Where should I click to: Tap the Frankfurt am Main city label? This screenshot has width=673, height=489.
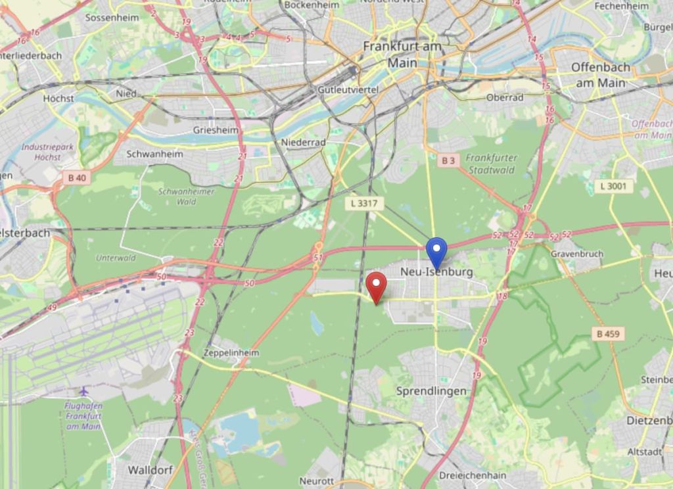pos(402,55)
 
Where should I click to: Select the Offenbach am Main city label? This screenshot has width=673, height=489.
pos(600,75)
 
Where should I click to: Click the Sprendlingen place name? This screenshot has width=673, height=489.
pos(431,391)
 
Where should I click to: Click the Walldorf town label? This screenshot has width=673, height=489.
pos(150,470)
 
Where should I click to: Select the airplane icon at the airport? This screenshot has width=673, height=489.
pos(83,392)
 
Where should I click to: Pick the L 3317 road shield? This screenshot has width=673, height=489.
pos(364,204)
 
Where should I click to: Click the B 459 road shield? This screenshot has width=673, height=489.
pos(607,334)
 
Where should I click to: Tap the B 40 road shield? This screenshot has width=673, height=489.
pos(76,177)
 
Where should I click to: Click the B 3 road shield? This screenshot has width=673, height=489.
pos(448,160)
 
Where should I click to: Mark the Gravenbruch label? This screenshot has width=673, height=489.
pos(576,254)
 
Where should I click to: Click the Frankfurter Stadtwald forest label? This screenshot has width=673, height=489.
pos(492,164)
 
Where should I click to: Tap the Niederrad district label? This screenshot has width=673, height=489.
pos(303,142)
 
